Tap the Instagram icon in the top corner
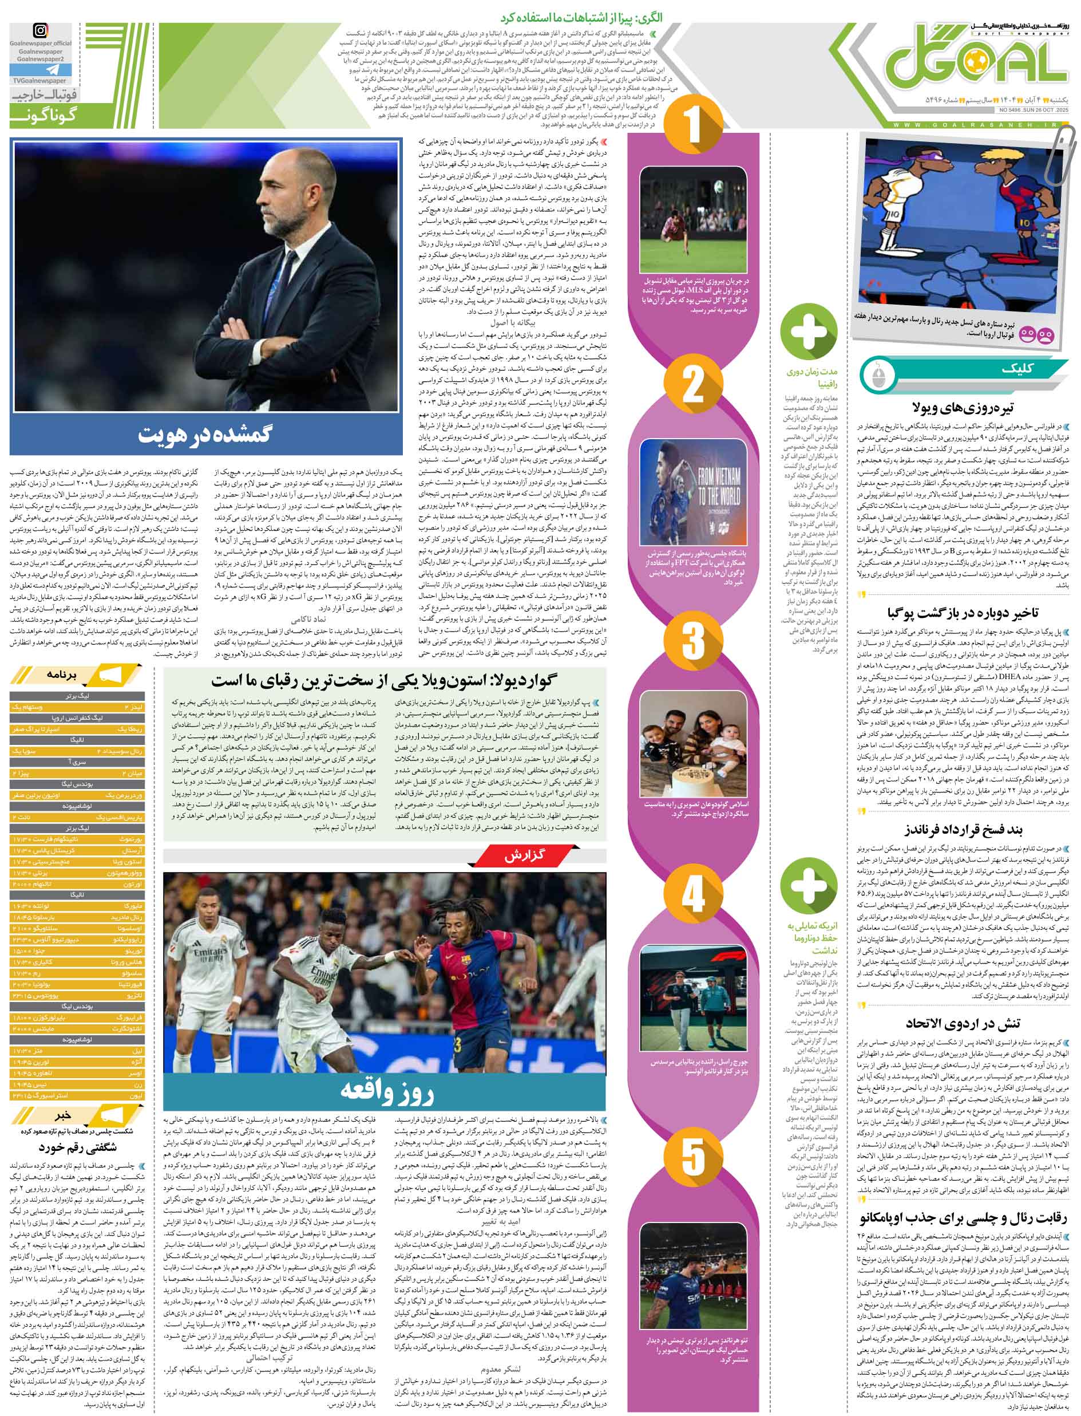pos(41,31)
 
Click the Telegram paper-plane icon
pos(40,69)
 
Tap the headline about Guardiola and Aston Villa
pos(384,681)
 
